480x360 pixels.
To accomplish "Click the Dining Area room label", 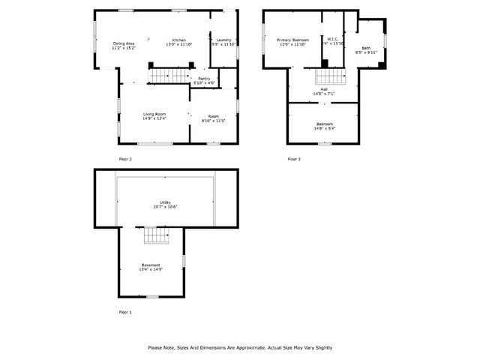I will pos(124,43).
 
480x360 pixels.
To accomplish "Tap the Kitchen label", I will pos(179,40).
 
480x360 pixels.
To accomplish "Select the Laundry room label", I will pos(223,40).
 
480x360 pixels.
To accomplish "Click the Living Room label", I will pos(154,113).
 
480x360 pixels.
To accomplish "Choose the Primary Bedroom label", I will pos(292,40).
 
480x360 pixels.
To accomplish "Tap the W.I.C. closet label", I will pos(333,40).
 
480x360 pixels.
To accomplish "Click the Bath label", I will pos(366,48).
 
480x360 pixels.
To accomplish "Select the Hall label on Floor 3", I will pos(323,89).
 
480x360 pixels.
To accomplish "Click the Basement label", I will pos(151,265).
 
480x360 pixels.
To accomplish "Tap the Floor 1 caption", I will pos(125,311).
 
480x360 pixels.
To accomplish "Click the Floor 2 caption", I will pos(125,159).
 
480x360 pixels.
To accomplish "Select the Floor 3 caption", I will pos(294,159).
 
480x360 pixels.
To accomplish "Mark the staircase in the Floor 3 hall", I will pos(328,76).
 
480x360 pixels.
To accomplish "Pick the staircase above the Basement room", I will pos(157,237).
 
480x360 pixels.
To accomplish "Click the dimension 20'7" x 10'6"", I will pos(166,206).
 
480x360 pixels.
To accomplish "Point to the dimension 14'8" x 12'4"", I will pos(154,118).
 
